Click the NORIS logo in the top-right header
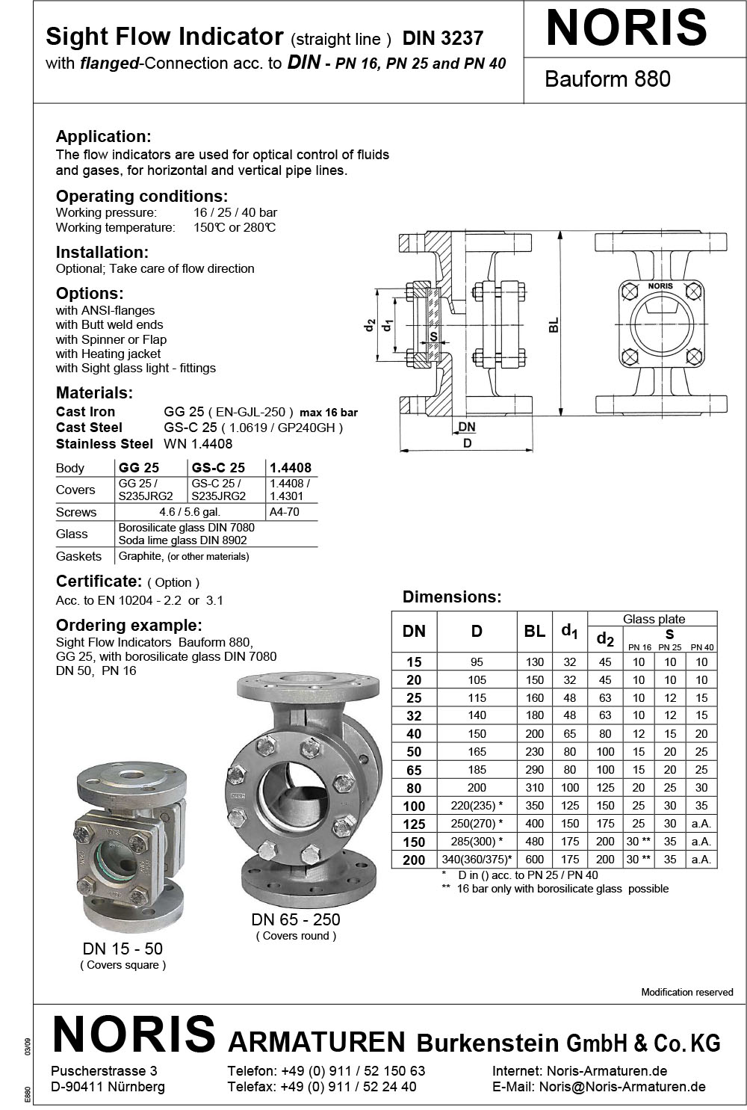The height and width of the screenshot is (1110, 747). [626, 28]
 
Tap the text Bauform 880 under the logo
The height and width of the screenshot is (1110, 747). [607, 78]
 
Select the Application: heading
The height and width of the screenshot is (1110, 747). [104, 136]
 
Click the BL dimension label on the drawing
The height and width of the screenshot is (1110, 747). [553, 324]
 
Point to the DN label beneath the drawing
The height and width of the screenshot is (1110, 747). [467, 427]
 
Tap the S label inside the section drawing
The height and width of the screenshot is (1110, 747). [433, 337]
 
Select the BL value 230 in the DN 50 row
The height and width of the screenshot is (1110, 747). [535, 751]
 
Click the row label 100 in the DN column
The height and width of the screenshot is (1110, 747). [414, 806]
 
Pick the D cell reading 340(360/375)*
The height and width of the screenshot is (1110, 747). [477, 860]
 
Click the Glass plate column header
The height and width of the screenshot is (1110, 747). [654, 619]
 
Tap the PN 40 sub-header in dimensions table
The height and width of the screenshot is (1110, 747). [701, 647]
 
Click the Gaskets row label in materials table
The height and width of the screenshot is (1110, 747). [78, 556]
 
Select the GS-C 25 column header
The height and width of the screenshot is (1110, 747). [218, 467]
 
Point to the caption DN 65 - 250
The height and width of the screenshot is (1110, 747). [296, 919]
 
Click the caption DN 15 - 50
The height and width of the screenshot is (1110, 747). [123, 949]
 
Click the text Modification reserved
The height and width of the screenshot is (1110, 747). [687, 992]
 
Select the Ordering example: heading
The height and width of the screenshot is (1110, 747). [129, 625]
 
